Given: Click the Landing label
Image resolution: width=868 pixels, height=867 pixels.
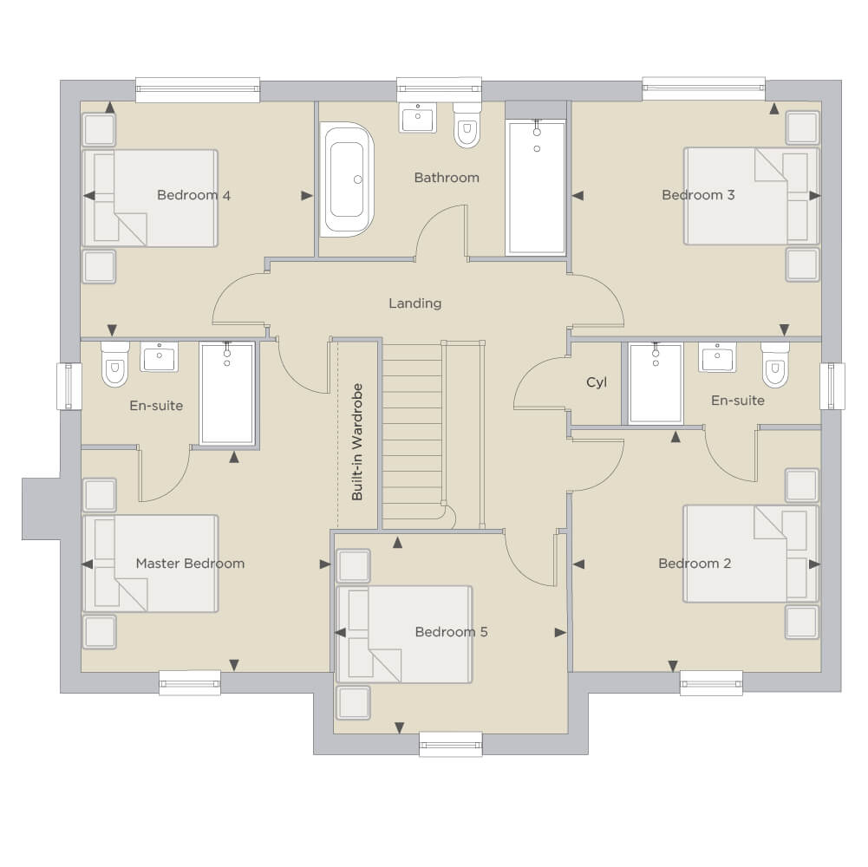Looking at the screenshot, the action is tap(414, 303).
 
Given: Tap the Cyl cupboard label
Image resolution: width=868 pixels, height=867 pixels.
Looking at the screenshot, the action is tap(597, 382).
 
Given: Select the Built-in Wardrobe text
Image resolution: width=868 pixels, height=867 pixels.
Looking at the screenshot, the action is tap(357, 442).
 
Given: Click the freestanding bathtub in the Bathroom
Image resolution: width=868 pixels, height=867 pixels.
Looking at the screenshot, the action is tap(347, 179).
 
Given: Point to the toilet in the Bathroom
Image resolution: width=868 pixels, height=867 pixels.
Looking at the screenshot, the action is tap(467, 125).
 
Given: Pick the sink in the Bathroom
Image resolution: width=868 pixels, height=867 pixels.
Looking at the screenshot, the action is tap(417, 117).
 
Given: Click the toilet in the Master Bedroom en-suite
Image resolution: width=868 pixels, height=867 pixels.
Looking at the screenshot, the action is tap(114, 364).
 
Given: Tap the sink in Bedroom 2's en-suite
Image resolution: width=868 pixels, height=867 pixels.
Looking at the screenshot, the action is tap(717, 357).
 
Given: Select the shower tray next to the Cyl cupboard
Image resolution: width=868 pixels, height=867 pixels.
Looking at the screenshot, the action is tap(656, 384).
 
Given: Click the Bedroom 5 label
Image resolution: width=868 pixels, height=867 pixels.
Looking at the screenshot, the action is tap(451, 632).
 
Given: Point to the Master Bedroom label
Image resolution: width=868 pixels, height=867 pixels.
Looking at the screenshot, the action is tap(190, 564).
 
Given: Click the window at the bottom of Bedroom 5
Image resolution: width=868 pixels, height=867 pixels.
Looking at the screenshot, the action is tap(451, 744).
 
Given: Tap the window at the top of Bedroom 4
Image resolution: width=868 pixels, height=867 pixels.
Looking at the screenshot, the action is tap(198, 89).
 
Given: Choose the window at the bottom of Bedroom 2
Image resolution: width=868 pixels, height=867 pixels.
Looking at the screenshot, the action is tap(711, 683).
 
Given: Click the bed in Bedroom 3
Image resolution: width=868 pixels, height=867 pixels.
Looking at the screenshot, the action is tap(751, 196).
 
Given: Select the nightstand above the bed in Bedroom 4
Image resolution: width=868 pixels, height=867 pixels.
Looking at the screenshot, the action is tap(99, 129).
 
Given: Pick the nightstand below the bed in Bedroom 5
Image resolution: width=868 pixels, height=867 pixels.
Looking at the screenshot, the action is tap(353, 702).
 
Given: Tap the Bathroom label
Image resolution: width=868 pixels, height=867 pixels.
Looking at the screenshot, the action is tap(447, 178).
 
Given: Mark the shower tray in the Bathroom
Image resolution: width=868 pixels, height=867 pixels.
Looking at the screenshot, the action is tap(536, 187).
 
